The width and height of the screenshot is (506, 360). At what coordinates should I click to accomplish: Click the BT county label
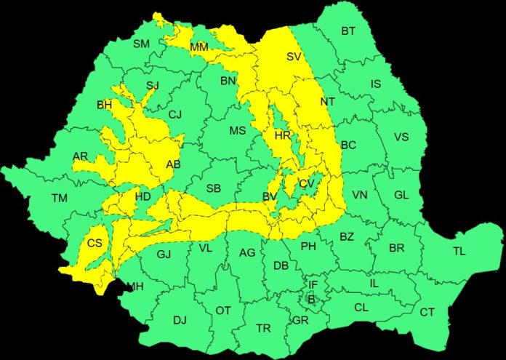click(x=348, y=31)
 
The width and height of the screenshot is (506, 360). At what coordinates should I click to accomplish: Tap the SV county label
click(x=294, y=57)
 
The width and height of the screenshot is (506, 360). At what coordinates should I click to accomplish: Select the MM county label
click(x=198, y=47)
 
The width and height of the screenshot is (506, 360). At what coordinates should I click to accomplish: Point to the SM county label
click(x=141, y=44)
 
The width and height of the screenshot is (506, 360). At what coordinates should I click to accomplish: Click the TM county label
click(x=59, y=198)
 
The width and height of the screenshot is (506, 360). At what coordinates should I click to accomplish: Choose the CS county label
click(x=95, y=243)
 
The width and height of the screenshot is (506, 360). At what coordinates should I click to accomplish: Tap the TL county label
click(x=459, y=252)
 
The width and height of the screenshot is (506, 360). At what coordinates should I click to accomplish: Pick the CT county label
click(x=427, y=313)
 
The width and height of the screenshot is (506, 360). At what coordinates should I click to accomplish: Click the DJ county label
click(x=180, y=320)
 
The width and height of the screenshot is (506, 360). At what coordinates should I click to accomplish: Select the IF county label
click(x=313, y=284)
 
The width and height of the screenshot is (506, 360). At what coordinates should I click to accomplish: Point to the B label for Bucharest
click(x=310, y=299)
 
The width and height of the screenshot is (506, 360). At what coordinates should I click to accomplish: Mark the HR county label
click(x=282, y=136)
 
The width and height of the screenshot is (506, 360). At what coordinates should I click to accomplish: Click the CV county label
click(x=306, y=184)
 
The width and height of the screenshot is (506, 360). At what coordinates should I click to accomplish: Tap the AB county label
click(x=173, y=164)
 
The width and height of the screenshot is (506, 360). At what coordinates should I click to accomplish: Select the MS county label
click(x=237, y=131)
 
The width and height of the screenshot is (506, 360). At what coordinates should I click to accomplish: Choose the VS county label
click(x=401, y=137)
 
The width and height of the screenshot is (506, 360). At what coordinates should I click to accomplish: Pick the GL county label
click(x=401, y=195)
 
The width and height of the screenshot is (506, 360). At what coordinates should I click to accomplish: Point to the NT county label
click(x=327, y=102)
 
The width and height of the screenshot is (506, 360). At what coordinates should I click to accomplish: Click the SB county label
click(x=213, y=189)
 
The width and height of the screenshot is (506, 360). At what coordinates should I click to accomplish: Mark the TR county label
click(x=263, y=329)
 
